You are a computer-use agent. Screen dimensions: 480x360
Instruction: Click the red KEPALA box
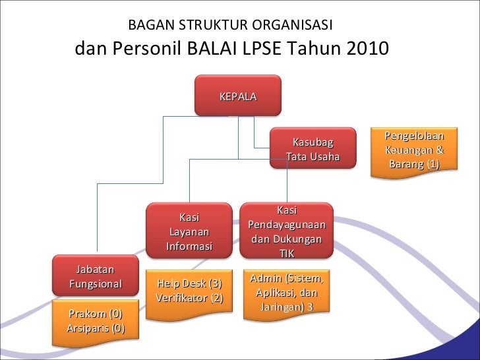[x=238, y=95]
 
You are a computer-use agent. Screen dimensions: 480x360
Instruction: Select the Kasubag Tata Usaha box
[x=313, y=150]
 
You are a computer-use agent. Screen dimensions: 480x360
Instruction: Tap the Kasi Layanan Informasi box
[x=189, y=231]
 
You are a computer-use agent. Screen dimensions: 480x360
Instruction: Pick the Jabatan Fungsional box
[x=96, y=276]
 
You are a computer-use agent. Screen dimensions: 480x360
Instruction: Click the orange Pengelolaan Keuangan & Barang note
[x=414, y=150]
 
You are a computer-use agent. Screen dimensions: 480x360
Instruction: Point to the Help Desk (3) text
[x=189, y=284]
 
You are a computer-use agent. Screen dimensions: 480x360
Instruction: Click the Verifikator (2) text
[x=189, y=298]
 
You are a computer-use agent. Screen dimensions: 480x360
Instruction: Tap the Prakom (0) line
[x=96, y=314]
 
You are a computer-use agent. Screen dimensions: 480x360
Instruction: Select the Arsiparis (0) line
[x=96, y=328]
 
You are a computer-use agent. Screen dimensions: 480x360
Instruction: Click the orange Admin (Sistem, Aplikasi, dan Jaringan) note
[x=287, y=293]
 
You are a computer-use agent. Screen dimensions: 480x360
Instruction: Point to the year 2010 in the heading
[x=366, y=49]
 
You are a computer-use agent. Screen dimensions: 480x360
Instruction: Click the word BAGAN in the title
[x=147, y=26]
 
